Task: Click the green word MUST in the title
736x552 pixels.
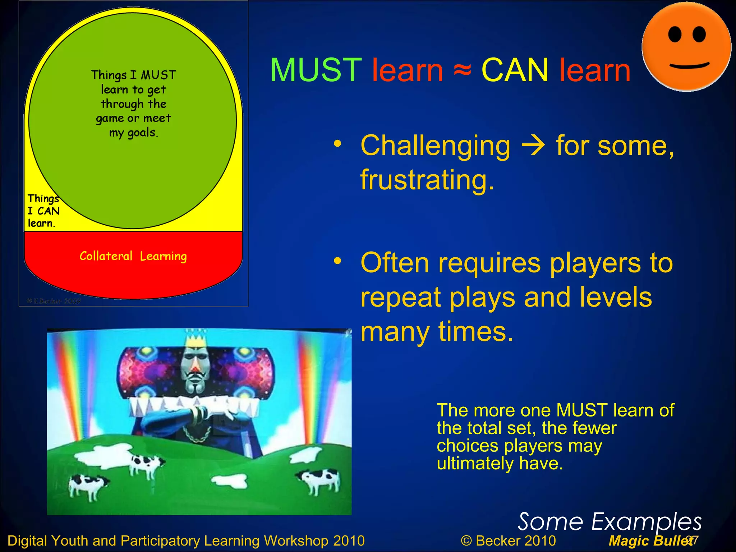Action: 316,70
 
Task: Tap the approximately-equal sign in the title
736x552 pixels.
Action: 462,70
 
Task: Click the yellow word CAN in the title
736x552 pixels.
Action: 515,70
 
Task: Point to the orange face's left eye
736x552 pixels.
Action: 675,35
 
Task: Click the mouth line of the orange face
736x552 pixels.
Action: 689,66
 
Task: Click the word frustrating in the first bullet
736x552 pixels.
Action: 427,180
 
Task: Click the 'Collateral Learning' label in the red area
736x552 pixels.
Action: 133,256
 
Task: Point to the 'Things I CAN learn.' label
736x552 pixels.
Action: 43,211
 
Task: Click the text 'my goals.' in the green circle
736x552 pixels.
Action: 133,133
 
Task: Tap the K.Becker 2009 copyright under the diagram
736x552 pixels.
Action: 54,301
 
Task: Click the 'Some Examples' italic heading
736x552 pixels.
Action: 609,522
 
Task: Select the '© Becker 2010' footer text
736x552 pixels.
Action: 508,541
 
